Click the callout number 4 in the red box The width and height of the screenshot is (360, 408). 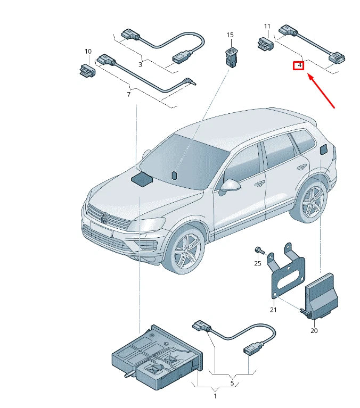pos(299,65)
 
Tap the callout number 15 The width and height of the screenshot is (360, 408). pos(230,35)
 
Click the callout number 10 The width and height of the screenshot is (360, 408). pos(88,52)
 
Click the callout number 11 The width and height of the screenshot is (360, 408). pos(267,26)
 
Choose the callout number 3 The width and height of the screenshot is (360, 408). pos(140,64)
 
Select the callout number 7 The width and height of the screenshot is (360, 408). pos(128,95)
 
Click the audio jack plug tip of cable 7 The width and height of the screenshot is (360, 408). pos(192,83)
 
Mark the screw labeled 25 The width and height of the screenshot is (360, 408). pos(259,250)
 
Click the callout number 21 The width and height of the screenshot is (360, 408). pos(273,310)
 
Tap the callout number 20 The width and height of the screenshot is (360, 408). pos(314,330)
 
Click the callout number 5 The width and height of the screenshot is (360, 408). pos(232,382)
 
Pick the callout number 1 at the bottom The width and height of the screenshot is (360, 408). pos(215,396)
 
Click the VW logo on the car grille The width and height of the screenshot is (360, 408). pos(105,217)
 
